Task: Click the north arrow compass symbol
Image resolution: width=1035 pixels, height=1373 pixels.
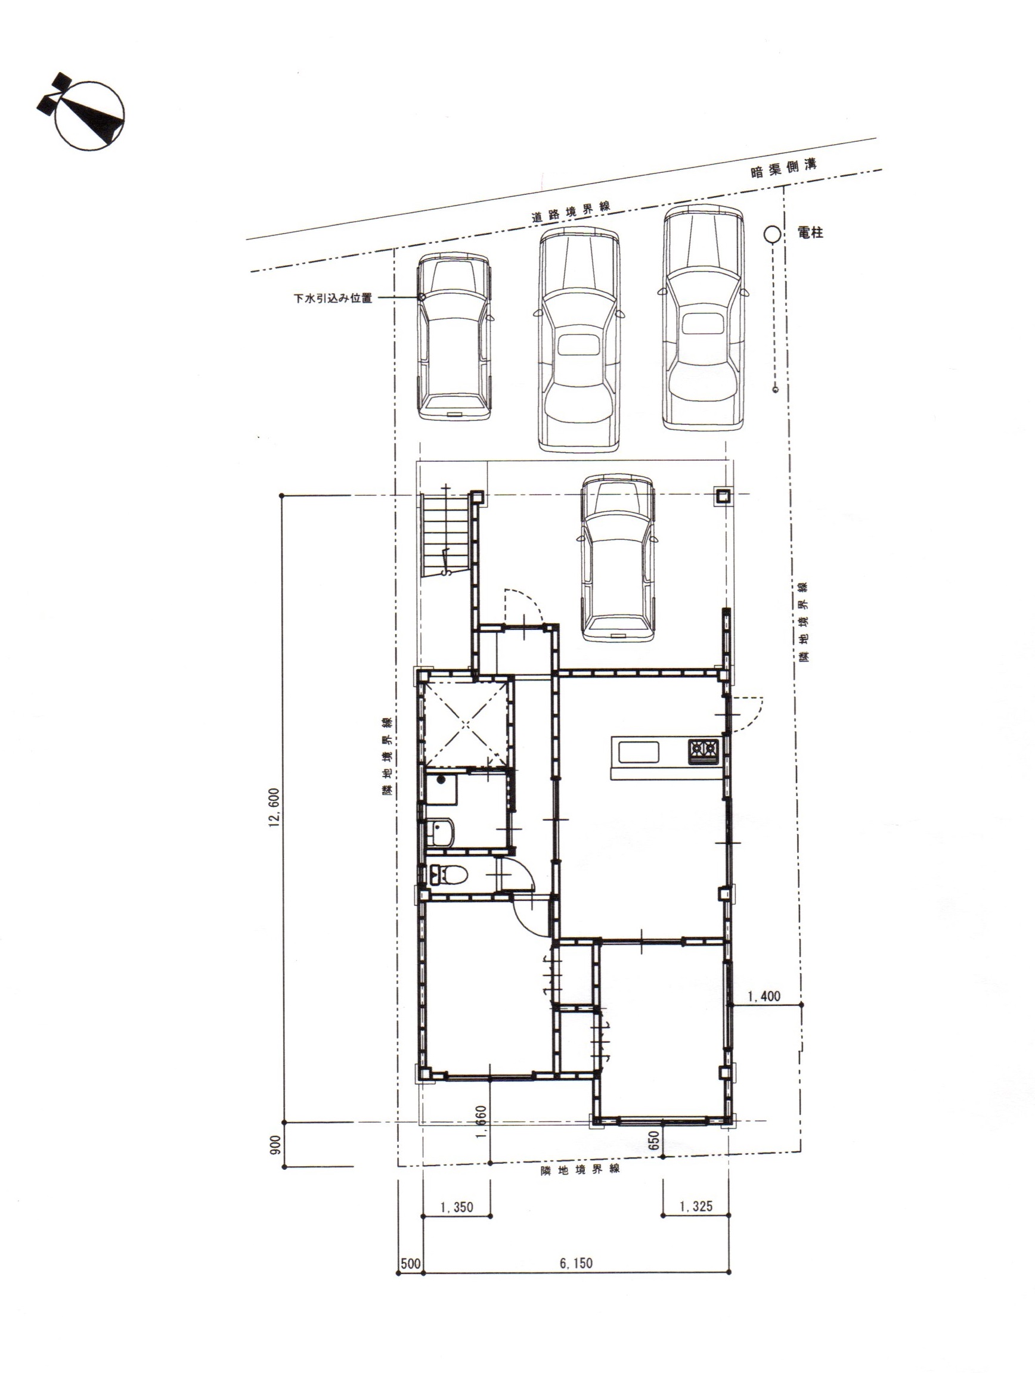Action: pos(82,113)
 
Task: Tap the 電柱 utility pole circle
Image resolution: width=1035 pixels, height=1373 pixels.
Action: pos(771,234)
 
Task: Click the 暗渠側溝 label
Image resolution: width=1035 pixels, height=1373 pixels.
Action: pos(783,168)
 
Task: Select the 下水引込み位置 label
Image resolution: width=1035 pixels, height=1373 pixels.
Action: pos(333,298)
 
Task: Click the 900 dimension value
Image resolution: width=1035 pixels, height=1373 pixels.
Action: pos(276,1145)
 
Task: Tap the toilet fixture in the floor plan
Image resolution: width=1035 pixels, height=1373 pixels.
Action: pos(448,875)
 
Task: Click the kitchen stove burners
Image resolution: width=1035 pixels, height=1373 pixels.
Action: pos(702,751)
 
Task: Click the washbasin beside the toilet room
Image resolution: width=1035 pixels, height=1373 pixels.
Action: pos(441,833)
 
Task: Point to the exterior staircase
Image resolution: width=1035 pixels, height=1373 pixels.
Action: pos(444,535)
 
